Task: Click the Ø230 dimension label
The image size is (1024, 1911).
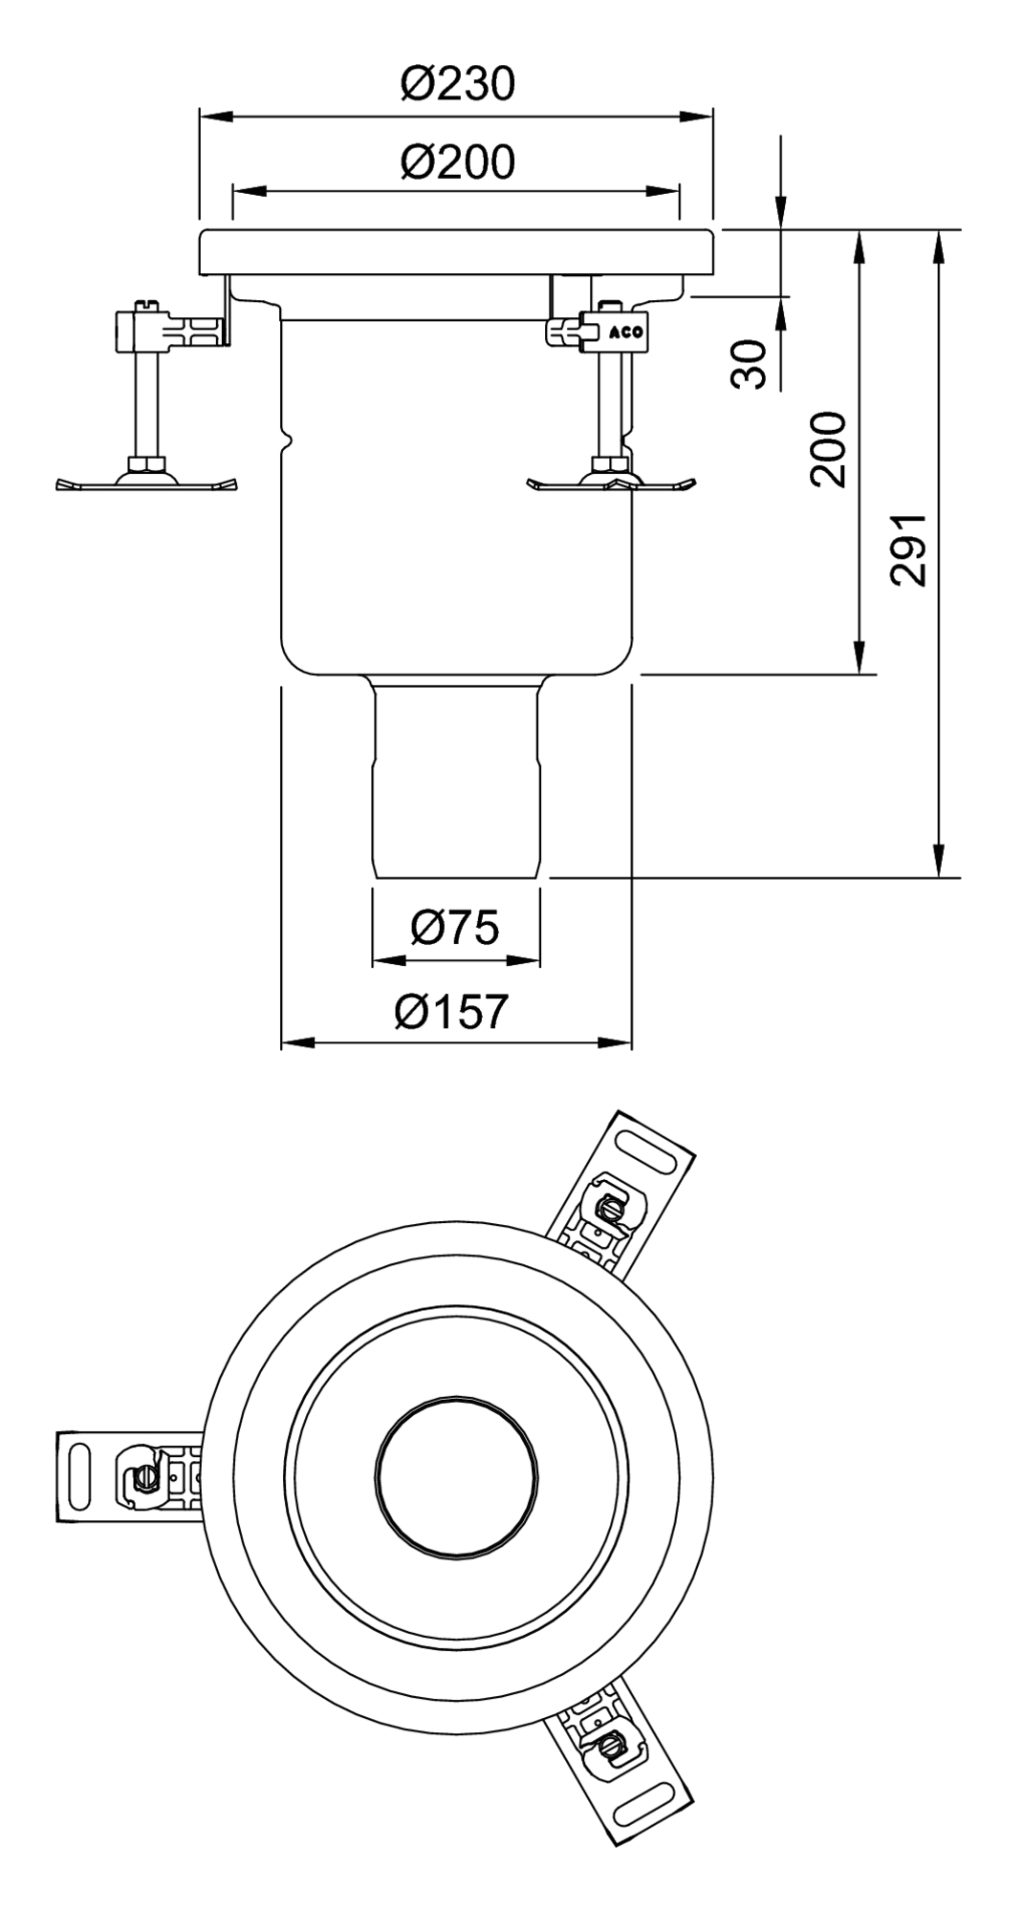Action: pos(457,84)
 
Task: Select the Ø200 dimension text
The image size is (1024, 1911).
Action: pos(457,162)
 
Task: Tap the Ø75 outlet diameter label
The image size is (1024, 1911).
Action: pos(455,927)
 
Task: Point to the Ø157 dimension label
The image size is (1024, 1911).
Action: pos(451,1012)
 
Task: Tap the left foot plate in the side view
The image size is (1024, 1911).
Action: pos(147,483)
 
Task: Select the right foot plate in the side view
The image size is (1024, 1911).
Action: pos(612,483)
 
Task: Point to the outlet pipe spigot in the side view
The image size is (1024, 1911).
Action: pos(456,779)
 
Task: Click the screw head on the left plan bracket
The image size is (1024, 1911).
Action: pos(142,1476)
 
